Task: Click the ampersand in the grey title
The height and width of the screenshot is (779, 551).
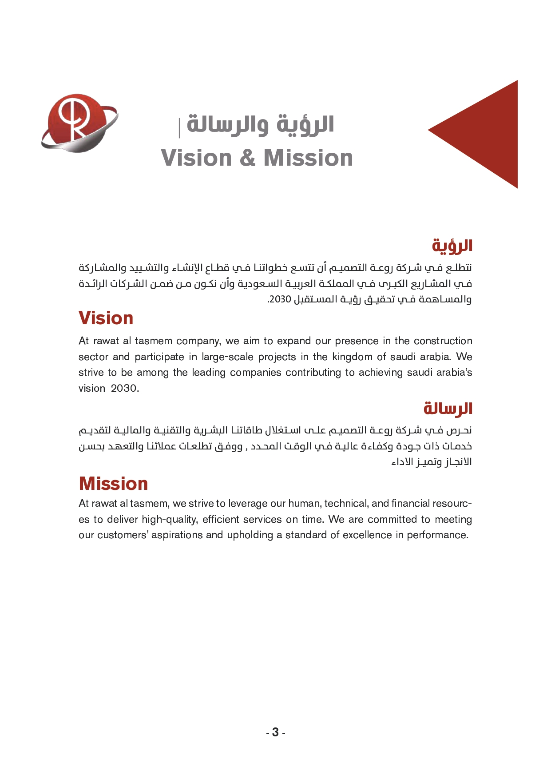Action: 247,158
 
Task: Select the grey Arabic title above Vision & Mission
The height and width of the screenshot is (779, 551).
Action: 260,124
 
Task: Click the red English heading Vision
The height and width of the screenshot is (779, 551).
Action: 106,318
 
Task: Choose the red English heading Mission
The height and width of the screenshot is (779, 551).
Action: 113,484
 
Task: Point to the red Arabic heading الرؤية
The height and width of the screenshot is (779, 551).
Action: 452,246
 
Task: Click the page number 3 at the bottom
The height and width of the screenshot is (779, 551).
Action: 275,732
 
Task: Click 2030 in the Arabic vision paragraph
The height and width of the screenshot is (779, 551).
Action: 280,299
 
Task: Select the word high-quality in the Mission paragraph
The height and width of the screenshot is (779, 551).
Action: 170,519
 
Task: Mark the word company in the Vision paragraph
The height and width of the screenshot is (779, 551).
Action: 198,341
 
